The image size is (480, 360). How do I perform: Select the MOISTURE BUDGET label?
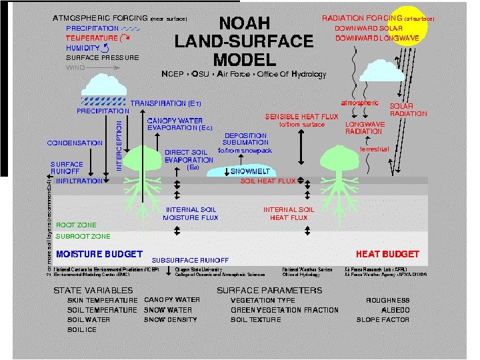click(99, 254)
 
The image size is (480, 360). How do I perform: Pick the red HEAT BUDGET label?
click(387, 254)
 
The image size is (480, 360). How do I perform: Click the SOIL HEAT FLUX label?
click(267, 181)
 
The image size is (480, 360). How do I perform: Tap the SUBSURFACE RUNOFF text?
click(191, 260)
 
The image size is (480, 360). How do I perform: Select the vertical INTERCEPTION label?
click(119, 144)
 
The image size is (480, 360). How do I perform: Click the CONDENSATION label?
click(75, 143)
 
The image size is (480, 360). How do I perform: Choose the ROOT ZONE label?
click(76, 225)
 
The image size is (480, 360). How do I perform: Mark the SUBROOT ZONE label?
click(83, 236)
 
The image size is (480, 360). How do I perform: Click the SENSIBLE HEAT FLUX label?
click(302, 117)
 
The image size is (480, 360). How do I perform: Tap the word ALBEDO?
click(395, 310)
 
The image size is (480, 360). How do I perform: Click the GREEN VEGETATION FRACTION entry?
click(285, 310)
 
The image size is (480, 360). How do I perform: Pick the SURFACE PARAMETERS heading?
click(269, 290)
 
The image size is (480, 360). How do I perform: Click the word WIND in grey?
click(76, 67)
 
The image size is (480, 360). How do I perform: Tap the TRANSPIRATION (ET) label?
click(165, 104)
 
